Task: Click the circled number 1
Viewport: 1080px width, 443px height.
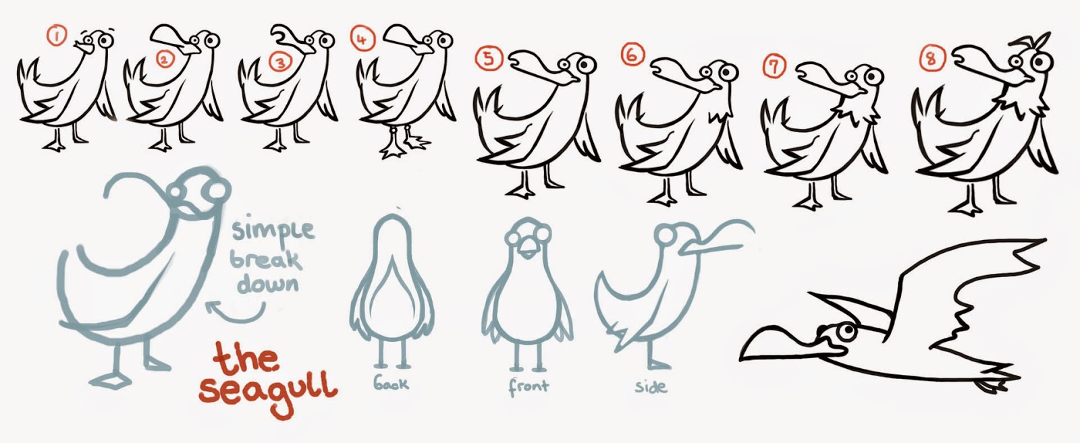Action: point(57,36)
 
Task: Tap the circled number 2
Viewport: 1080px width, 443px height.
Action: point(165,60)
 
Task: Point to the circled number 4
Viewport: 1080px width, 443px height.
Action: point(362,39)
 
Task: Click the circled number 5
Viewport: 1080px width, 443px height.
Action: point(489,59)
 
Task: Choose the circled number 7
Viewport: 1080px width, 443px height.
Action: point(774,66)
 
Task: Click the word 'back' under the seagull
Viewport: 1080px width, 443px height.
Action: point(391,383)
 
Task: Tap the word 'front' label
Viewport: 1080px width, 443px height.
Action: point(529,386)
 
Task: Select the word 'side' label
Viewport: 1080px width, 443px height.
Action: point(651,386)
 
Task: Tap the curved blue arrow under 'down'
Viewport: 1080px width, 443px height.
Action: point(236,313)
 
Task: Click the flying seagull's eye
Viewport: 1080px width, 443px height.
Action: point(846,331)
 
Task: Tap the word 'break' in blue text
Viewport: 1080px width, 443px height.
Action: point(266,260)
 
